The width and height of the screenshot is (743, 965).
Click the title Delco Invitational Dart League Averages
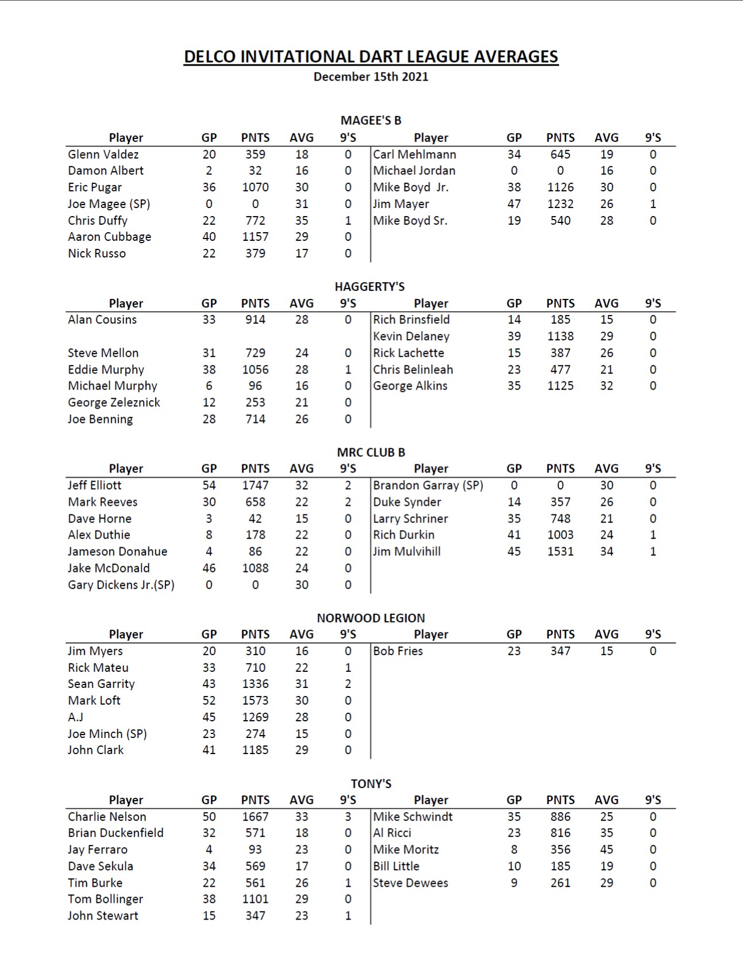click(371, 56)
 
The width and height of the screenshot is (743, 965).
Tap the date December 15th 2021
click(371, 76)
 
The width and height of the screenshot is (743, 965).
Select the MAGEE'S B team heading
click(371, 120)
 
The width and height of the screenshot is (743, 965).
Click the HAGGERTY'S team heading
click(369, 286)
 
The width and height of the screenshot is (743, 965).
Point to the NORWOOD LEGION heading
click(371, 618)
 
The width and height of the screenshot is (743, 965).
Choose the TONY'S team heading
click(371, 783)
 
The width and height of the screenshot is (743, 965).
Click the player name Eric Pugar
click(95, 187)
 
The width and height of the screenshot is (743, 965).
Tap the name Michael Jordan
click(414, 171)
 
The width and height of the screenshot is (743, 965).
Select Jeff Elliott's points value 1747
click(255, 485)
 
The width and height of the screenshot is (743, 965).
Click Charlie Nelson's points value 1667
click(255, 816)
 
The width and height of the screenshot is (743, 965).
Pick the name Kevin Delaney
click(411, 336)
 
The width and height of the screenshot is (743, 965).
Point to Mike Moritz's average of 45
click(606, 849)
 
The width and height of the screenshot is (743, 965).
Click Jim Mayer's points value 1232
click(560, 204)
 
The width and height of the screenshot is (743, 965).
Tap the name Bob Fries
click(398, 651)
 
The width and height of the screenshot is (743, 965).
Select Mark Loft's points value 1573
click(255, 701)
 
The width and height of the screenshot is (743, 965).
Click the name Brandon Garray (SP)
click(428, 485)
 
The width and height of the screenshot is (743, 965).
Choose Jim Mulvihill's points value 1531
click(560, 551)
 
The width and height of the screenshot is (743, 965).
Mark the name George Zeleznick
click(114, 402)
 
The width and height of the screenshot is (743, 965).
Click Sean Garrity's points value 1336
click(255, 684)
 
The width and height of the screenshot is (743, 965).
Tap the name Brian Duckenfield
click(116, 833)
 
